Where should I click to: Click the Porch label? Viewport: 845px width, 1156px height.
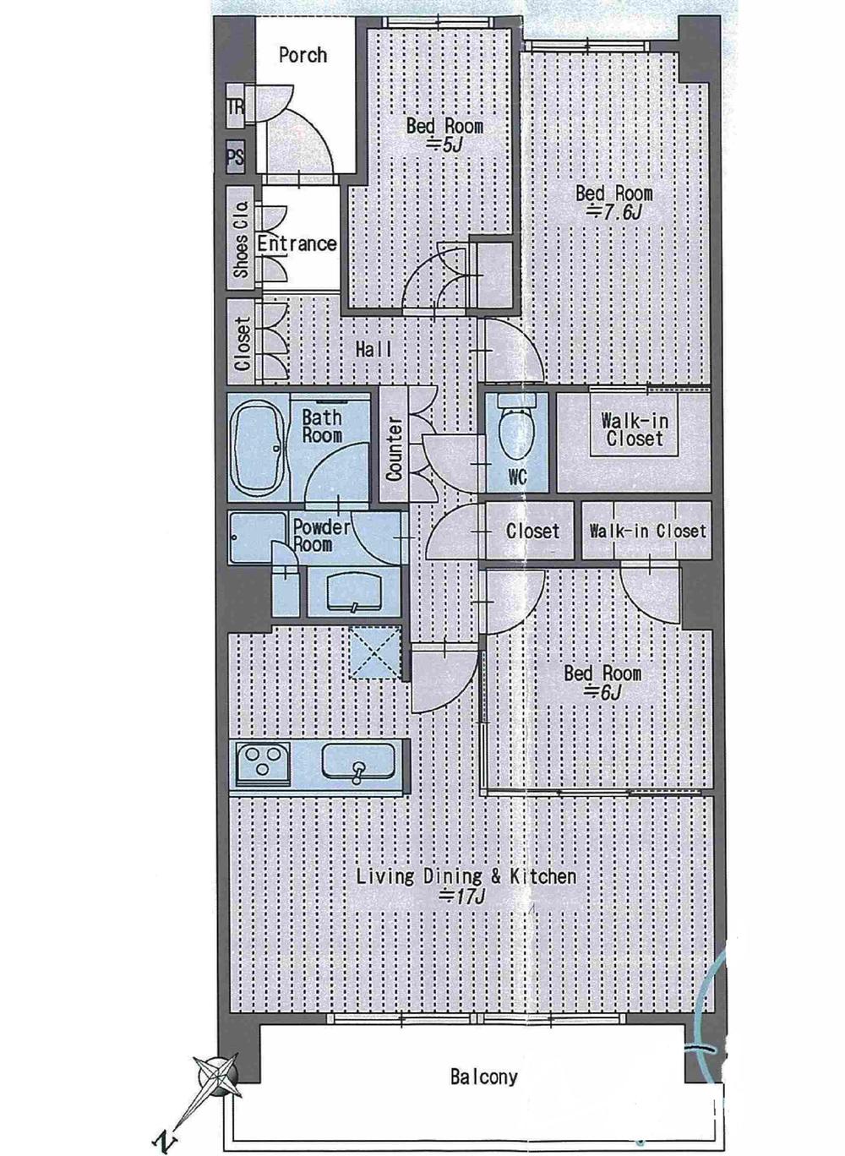[x=303, y=55]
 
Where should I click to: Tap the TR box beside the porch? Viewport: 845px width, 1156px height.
[x=236, y=106]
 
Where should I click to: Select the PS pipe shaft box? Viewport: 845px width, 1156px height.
[x=236, y=157]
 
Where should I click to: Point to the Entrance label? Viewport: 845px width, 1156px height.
[x=297, y=243]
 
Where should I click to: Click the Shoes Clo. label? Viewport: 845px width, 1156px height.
[x=241, y=239]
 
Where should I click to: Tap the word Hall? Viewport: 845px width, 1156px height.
[x=373, y=349]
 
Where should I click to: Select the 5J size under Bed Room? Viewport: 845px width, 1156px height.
[x=444, y=145]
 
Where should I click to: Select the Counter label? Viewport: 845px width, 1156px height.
[x=394, y=449]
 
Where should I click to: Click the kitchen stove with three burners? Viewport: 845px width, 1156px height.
[x=262, y=763]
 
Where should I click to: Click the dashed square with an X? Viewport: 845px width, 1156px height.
[x=374, y=652]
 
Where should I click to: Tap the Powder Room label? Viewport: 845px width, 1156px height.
[x=321, y=536]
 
